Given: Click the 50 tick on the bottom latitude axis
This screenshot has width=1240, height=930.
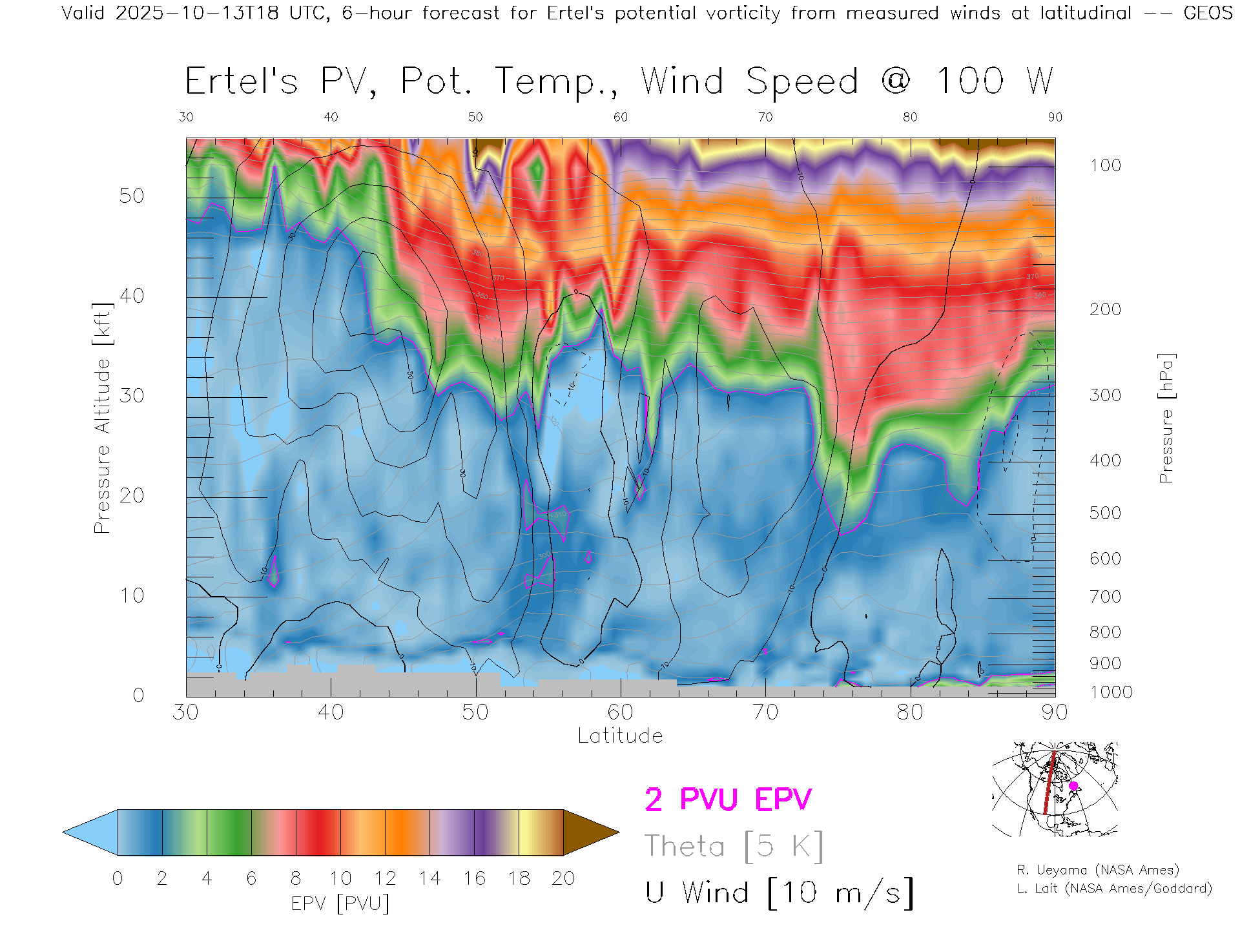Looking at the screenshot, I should tap(475, 712).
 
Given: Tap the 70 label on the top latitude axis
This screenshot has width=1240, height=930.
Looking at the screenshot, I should tap(765, 117).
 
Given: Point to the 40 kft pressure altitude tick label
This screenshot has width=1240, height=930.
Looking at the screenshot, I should tap(132, 296).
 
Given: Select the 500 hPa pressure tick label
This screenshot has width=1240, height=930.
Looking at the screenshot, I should tap(1106, 513).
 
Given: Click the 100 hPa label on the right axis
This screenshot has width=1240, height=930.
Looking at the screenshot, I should tap(1106, 165).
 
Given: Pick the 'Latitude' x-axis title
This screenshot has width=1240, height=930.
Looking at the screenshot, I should tap(620, 736).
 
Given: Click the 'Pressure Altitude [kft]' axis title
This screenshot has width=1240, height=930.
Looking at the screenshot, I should tap(102, 418).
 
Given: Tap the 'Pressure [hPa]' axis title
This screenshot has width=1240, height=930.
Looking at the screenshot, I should tap(1166, 418).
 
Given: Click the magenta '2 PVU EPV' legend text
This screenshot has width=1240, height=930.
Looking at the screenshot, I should tap(728, 800).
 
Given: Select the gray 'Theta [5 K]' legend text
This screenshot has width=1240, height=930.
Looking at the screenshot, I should tap(734, 846).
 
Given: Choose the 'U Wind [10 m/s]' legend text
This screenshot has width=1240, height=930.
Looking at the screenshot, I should tap(780, 893).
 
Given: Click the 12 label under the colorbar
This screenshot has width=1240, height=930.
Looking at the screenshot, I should tap(385, 878).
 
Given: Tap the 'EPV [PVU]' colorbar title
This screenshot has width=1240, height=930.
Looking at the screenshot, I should tap(340, 904).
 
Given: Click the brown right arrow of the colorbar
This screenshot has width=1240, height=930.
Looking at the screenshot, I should tap(590, 832).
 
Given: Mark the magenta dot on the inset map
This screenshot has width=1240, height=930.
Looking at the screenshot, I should tap(1073, 786).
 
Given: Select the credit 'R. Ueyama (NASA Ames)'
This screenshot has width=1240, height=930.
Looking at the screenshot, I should tap(1098, 870).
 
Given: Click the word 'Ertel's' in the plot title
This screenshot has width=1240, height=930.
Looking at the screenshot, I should tap(242, 82).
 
